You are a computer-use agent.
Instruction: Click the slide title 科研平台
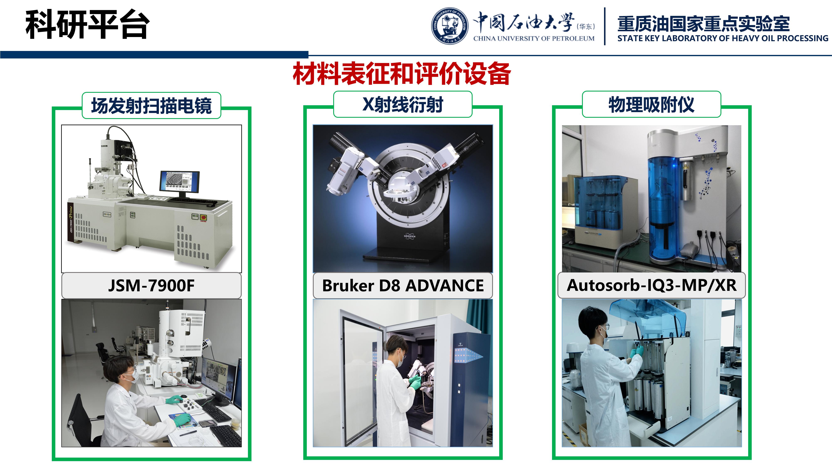pyautogui.click(x=88, y=25)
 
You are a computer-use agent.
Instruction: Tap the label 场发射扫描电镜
pyautogui.click(x=151, y=106)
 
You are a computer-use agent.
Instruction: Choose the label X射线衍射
pyautogui.click(x=403, y=104)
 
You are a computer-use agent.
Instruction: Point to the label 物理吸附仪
pyautogui.click(x=651, y=104)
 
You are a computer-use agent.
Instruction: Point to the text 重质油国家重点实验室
pyautogui.click(x=703, y=23)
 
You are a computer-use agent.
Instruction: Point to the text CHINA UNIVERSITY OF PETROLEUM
pyautogui.click(x=534, y=38)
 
